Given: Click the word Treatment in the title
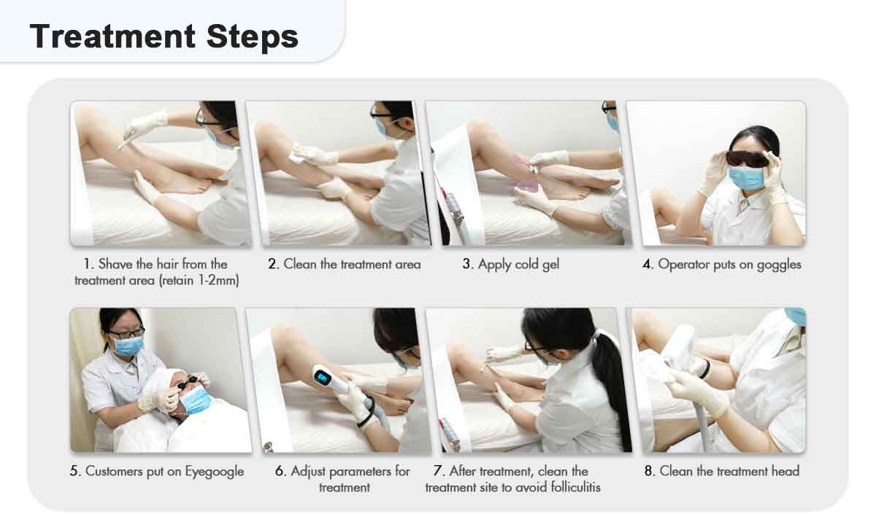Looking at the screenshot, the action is pyautogui.click(x=112, y=36).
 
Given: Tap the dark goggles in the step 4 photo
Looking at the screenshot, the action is pyautogui.click(x=748, y=159).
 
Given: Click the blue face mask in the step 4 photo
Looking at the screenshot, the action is pyautogui.click(x=747, y=178).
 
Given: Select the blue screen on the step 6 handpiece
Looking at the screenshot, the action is pyautogui.click(x=323, y=377).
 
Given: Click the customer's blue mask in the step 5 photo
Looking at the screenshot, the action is pyautogui.click(x=196, y=401).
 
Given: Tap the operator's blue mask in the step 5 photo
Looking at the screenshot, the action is pyautogui.click(x=128, y=346).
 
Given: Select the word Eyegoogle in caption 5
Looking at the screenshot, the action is pyautogui.click(x=215, y=472).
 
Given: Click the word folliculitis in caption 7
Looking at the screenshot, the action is pyautogui.click(x=576, y=487).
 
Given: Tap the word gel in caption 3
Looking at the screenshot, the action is pyautogui.click(x=550, y=265).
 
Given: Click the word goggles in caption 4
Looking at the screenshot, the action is pyautogui.click(x=779, y=265).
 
